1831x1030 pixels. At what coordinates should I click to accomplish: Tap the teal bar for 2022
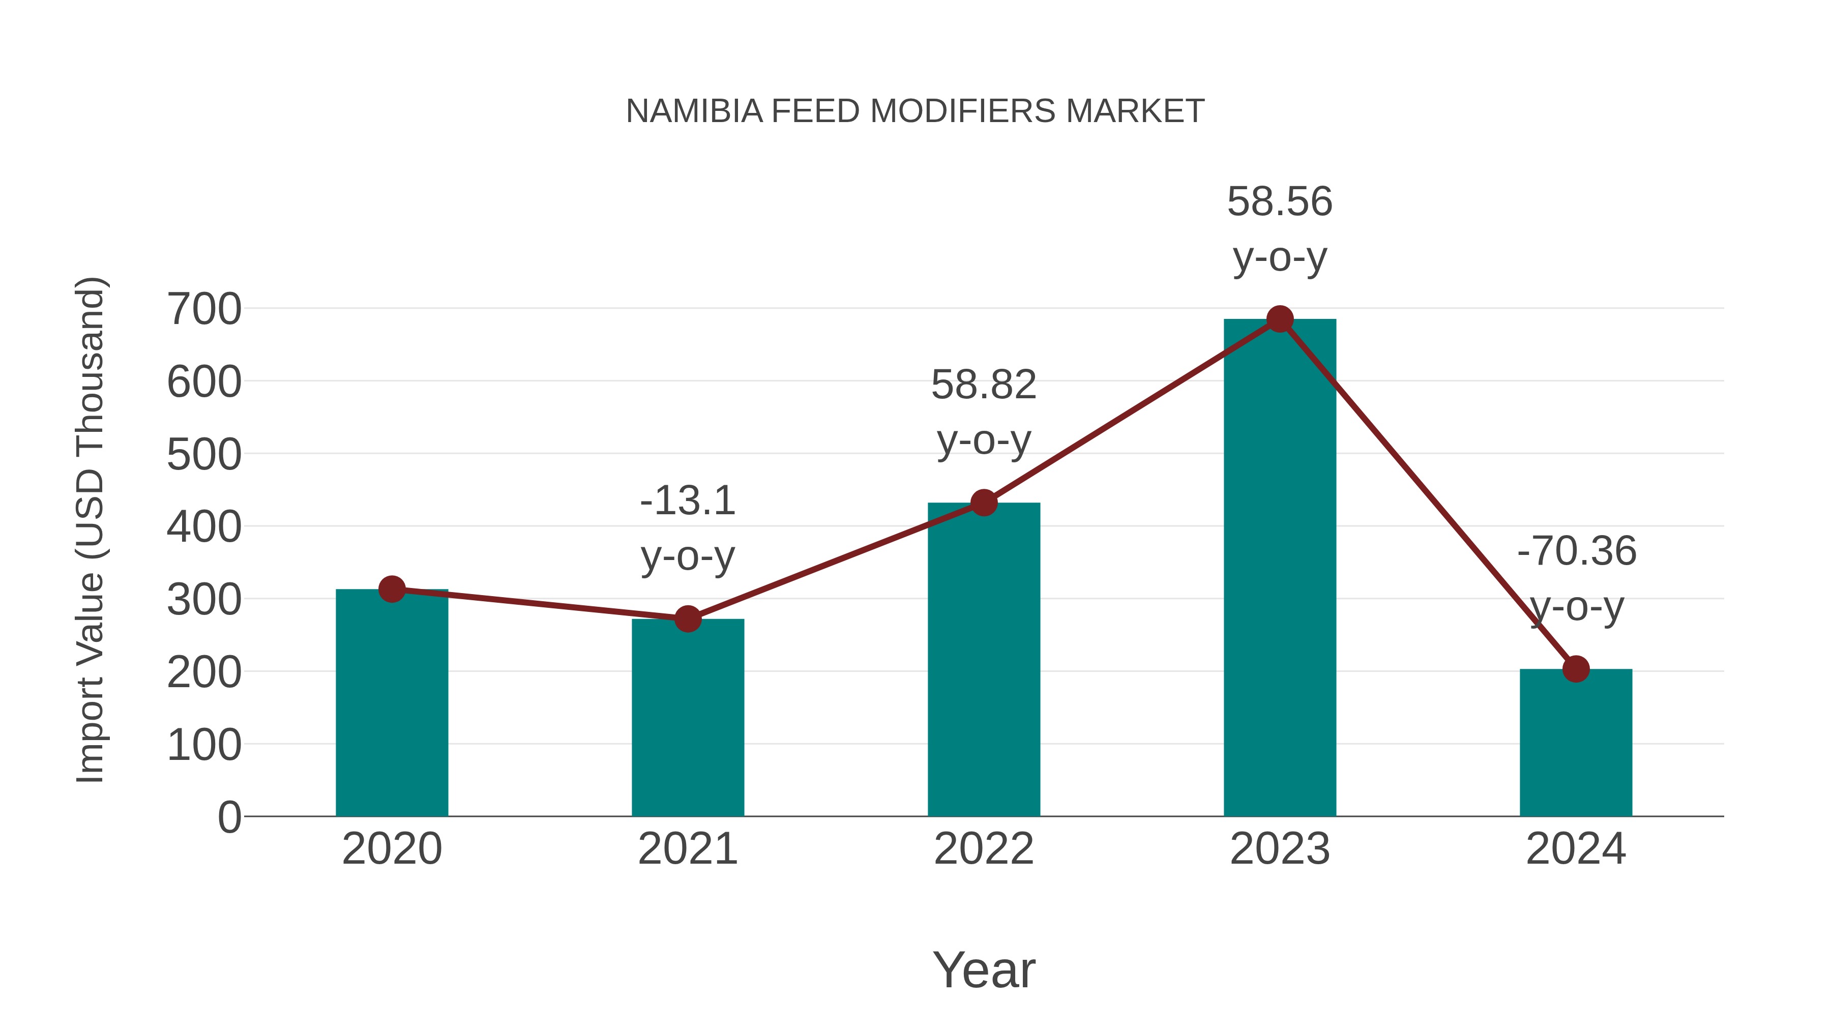(x=984, y=661)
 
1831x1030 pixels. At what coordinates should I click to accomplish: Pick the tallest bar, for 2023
(x=1280, y=569)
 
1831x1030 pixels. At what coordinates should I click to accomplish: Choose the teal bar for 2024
(x=1576, y=746)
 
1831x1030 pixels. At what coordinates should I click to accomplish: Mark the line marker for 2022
(x=984, y=503)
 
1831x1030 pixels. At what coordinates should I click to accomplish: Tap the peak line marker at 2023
(x=1280, y=319)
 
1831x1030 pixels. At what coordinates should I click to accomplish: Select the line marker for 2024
(x=1576, y=669)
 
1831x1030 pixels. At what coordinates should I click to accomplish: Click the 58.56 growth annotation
(x=1280, y=202)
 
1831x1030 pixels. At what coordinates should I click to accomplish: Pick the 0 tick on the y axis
(x=229, y=817)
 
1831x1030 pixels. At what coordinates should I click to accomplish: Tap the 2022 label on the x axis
(x=984, y=849)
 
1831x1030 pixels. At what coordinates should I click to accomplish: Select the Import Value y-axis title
(x=91, y=529)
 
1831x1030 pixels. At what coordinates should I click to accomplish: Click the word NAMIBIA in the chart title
(x=694, y=111)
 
